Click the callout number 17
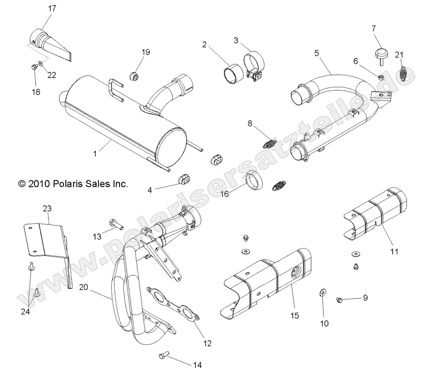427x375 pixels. tap(52, 8)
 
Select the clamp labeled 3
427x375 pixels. tap(251, 66)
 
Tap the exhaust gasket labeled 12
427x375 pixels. tap(172, 304)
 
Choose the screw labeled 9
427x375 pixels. tap(339, 299)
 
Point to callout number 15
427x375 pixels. tap(294, 316)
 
